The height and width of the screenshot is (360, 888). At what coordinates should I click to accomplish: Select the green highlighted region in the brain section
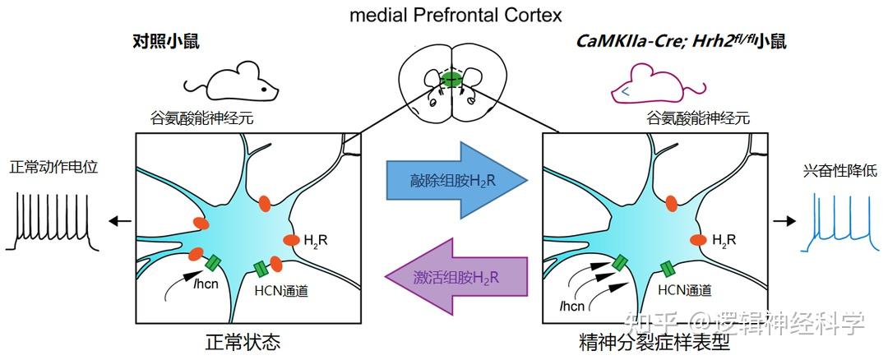pos(450,80)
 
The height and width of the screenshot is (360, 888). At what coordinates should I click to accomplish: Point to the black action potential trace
pos(53,221)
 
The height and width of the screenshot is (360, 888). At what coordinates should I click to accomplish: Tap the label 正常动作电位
pos(53,167)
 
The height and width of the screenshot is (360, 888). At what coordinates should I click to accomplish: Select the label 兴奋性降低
pos(840,172)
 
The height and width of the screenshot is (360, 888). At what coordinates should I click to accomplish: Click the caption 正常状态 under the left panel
pos(243,342)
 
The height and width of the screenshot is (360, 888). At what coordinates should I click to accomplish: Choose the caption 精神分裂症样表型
pos(654,342)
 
